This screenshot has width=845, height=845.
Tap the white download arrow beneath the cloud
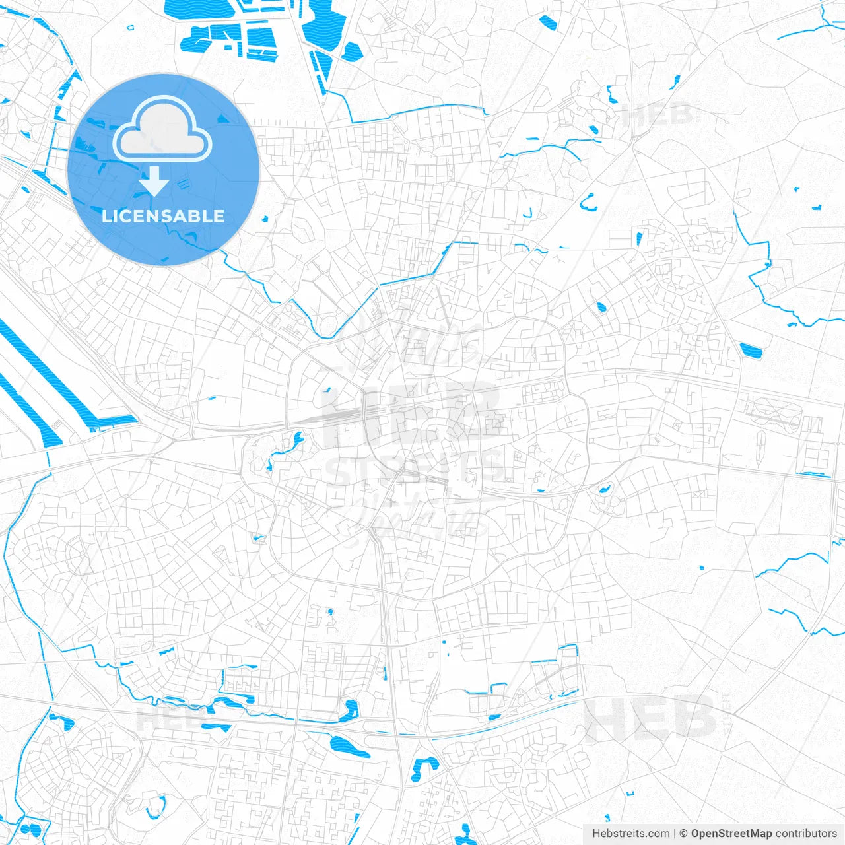(154, 182)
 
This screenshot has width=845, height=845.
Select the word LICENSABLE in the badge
(163, 216)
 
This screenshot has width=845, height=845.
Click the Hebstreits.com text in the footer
(630, 834)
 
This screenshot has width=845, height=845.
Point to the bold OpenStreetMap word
(731, 834)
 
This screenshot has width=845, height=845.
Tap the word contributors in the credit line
(806, 834)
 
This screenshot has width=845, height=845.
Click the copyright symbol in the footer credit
(683, 834)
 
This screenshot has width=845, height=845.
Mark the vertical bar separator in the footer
(675, 834)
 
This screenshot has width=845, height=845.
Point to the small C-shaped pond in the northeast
(588, 203)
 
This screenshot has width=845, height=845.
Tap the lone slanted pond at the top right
(548, 23)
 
